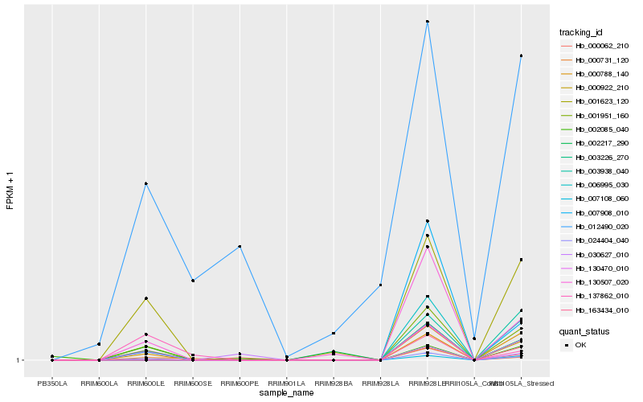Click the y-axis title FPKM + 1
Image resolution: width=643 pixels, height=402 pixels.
pos(10,191)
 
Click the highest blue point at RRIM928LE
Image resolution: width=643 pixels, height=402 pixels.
pos(428,22)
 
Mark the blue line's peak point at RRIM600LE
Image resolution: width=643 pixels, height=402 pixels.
pos(145,183)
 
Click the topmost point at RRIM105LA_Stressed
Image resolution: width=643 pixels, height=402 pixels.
pos(522,55)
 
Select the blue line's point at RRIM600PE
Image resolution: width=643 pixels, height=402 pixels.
pos(240,246)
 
